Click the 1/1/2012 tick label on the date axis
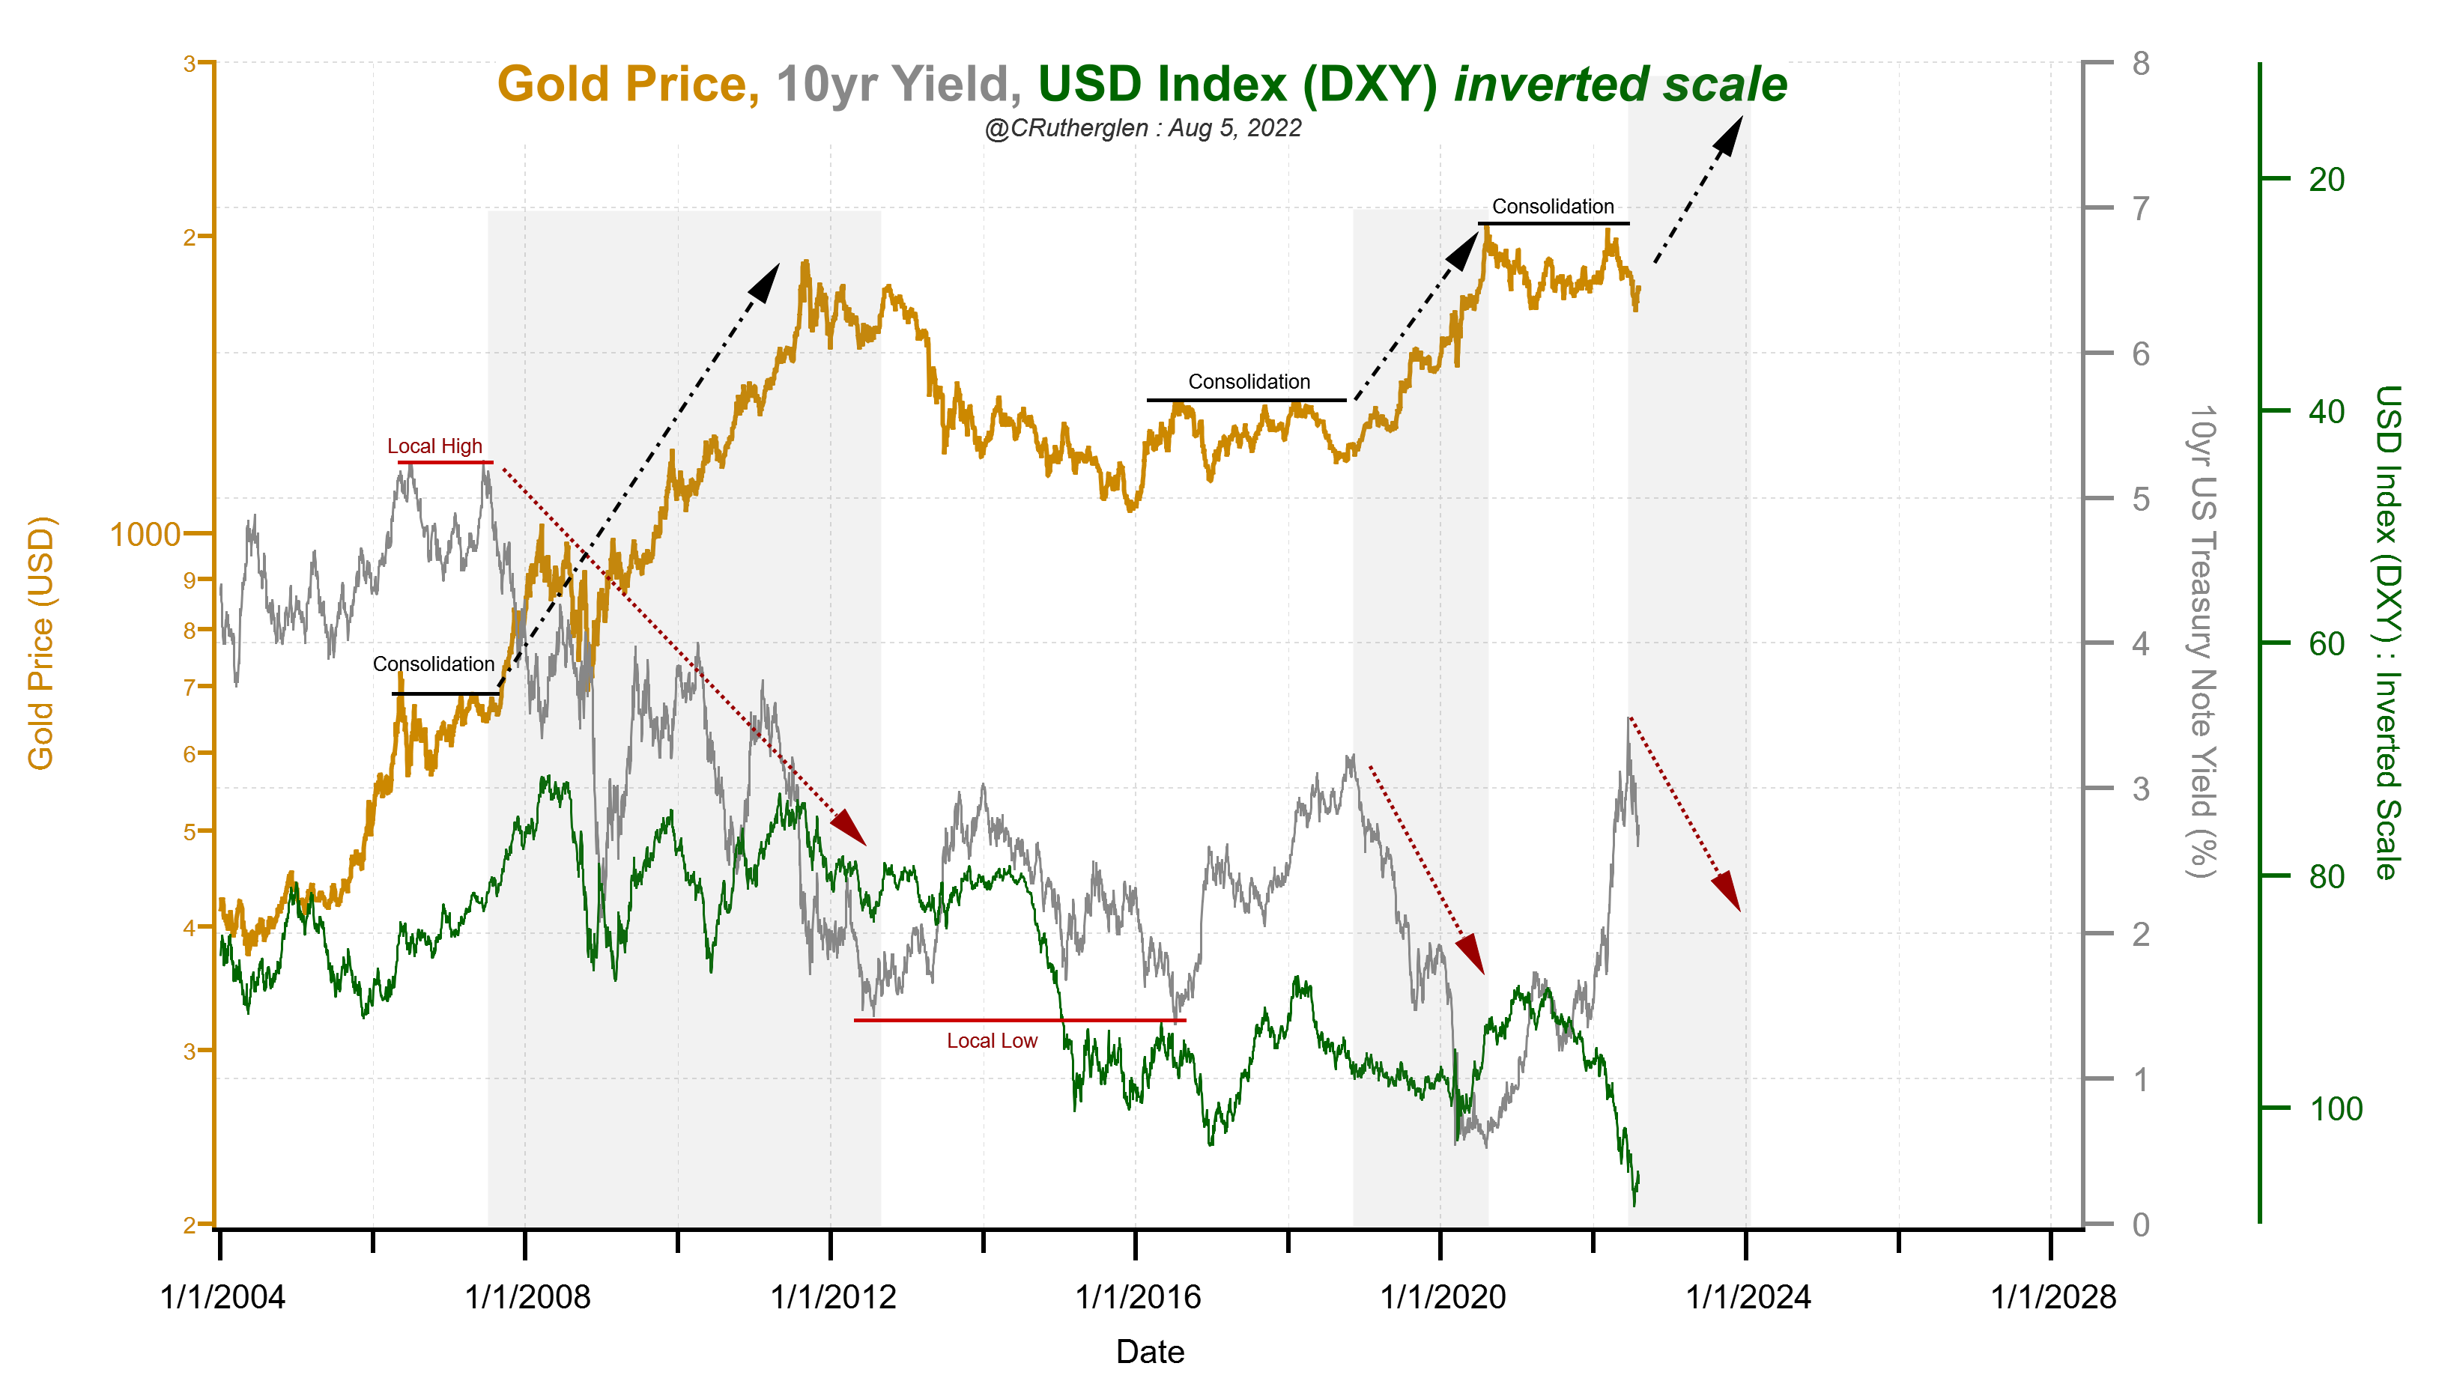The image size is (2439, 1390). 832,1297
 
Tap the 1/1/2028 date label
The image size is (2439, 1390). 2052,1297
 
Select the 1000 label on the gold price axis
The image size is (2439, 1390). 145,535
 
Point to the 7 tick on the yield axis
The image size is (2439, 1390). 2140,208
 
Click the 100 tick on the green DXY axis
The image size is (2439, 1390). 2335,1109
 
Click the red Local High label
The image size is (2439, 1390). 434,446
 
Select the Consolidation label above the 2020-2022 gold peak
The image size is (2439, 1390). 1552,206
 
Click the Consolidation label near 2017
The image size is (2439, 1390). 1249,382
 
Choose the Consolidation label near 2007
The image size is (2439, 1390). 434,664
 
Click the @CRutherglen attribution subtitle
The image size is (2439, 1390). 1142,128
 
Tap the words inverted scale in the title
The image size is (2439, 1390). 1620,84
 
